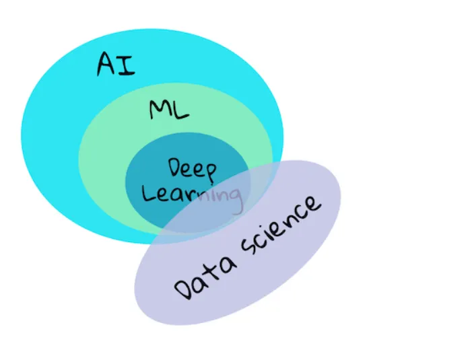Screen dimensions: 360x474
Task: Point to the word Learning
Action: [x=192, y=196]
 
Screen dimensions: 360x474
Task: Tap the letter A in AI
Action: [x=108, y=63]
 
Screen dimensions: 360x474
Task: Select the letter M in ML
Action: [x=160, y=109]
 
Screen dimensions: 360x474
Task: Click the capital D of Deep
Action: [x=175, y=168]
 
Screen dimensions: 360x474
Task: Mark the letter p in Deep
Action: [x=209, y=172]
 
